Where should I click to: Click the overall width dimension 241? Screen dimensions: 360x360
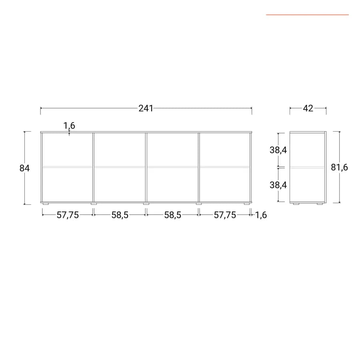(x=146, y=108)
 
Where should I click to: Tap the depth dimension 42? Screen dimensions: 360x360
(x=308, y=108)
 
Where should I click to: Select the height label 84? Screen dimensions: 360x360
(x=24, y=168)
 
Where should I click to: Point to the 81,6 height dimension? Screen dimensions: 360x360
(x=339, y=167)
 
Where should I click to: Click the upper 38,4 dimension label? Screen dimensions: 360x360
(x=278, y=150)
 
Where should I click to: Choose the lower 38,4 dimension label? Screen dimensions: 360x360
(x=278, y=185)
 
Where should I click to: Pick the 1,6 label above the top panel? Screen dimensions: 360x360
(x=69, y=126)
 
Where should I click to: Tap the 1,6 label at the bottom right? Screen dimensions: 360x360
(x=261, y=215)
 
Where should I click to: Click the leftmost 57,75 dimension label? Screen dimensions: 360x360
(x=68, y=215)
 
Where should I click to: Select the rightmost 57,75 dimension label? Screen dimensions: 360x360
(x=225, y=215)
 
